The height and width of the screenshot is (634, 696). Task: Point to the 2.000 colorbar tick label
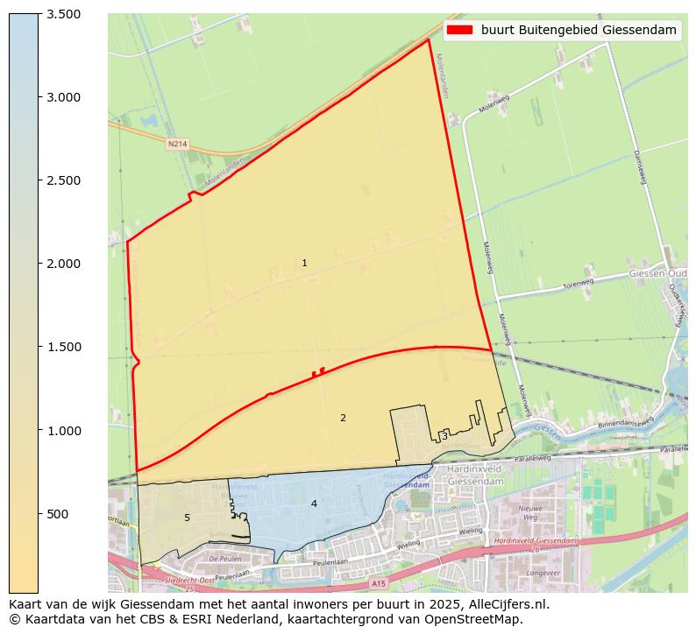click(63, 264)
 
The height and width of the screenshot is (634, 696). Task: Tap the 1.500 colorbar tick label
click(63, 347)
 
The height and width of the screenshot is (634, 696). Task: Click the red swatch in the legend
click(459, 31)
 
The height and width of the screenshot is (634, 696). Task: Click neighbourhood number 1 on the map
click(304, 264)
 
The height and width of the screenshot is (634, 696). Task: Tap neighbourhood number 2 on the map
click(343, 419)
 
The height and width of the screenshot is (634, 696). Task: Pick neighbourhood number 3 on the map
click(444, 436)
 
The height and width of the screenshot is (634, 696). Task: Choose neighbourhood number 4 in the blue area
click(314, 504)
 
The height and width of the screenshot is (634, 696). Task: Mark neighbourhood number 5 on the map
click(187, 518)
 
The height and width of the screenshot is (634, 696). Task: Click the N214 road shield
click(178, 143)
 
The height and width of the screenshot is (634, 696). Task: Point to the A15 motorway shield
click(378, 583)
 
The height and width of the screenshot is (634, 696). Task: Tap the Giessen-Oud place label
click(658, 274)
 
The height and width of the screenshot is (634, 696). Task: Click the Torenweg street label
click(579, 283)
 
